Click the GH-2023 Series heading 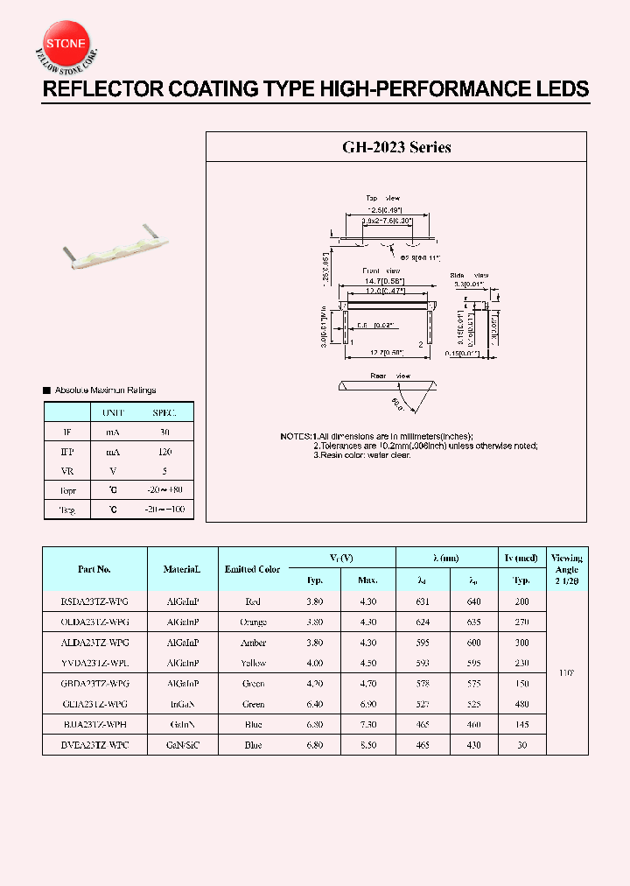[x=395, y=148]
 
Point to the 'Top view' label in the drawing [x=382, y=198]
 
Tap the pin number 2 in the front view [x=421, y=344]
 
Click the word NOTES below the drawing [x=295, y=436]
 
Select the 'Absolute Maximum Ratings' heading [x=105, y=390]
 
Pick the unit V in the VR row [x=113, y=471]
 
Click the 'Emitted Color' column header [x=252, y=569]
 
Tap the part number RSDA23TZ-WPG [x=94, y=602]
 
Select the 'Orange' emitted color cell [x=253, y=622]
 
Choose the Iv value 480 [x=522, y=704]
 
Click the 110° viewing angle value [x=566, y=673]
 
